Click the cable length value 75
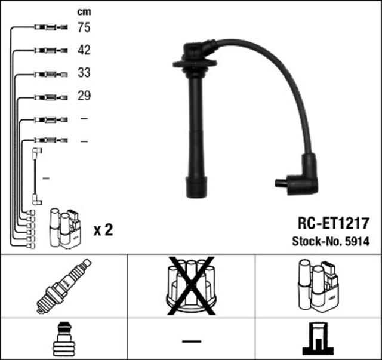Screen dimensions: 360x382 [84, 27]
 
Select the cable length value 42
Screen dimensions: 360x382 [84, 50]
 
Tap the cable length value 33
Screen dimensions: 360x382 [84, 73]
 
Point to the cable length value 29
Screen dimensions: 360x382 [84, 96]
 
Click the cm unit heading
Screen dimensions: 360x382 [84, 11]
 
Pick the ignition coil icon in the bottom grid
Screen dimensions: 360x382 [318, 285]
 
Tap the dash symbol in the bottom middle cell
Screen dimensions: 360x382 [191, 341]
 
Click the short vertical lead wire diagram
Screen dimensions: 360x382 [36, 176]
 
